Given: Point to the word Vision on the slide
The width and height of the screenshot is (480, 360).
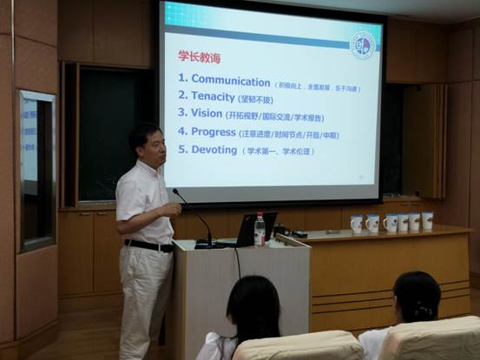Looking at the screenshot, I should (207, 113).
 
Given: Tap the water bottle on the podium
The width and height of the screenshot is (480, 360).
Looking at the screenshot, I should (259, 230).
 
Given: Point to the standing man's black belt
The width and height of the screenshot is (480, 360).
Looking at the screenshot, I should (148, 245).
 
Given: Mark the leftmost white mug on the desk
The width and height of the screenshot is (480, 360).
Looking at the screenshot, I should (356, 224).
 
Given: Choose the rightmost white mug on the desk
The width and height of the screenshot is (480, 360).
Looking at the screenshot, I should (427, 221).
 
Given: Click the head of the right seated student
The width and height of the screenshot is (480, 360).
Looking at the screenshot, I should (417, 298).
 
